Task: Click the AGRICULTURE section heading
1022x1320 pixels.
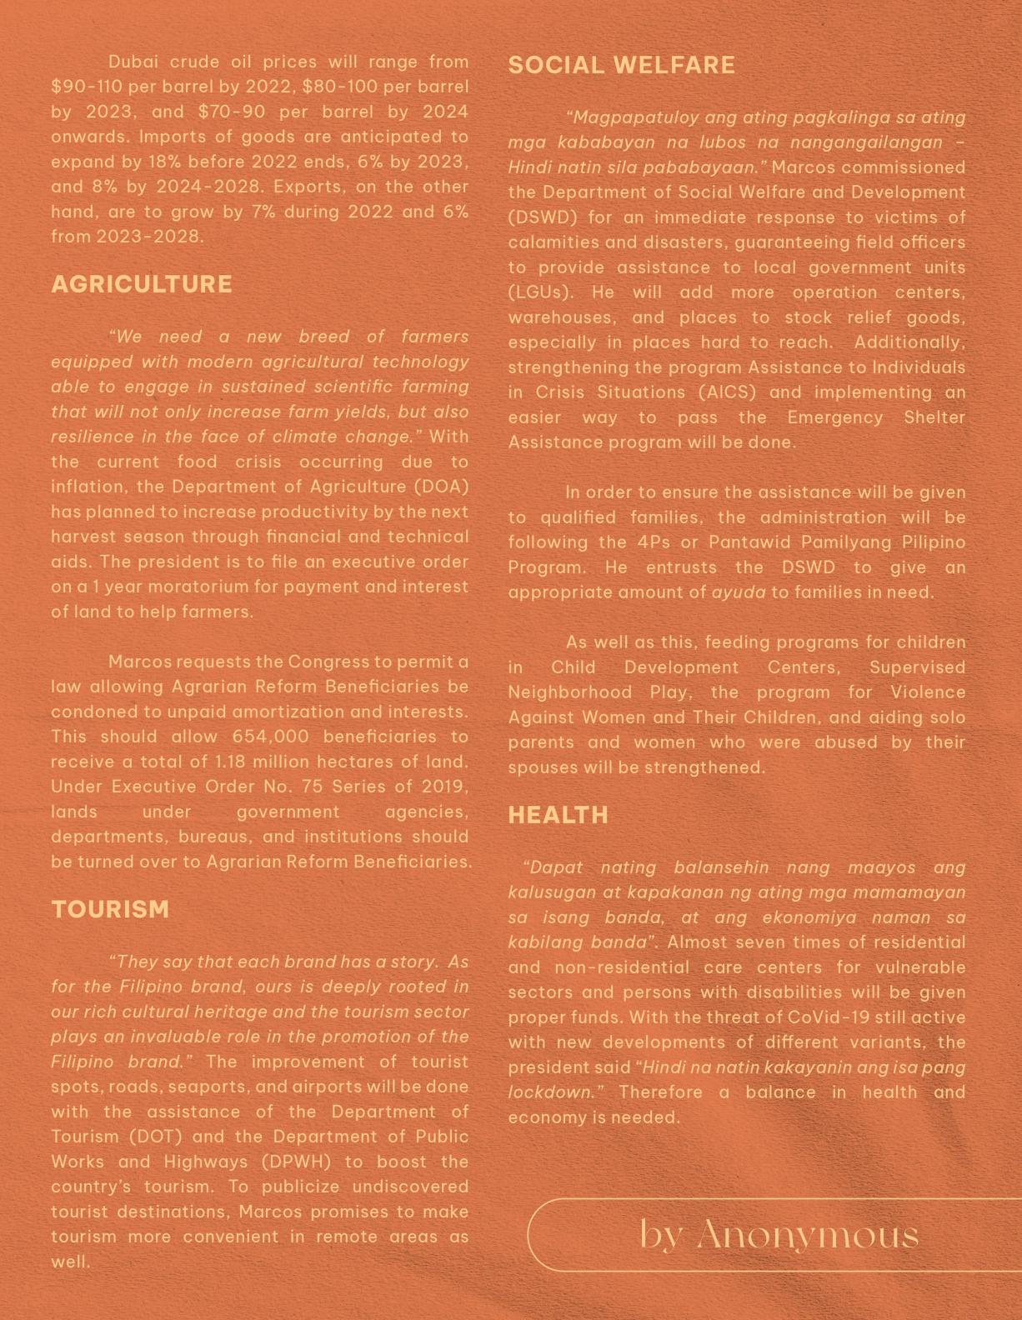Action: pos(142,284)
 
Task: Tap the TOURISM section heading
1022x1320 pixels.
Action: pos(110,909)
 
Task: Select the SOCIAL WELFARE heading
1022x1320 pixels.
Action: pos(621,65)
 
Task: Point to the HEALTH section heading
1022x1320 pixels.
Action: pos(558,815)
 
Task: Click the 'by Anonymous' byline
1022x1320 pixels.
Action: pos(779,1234)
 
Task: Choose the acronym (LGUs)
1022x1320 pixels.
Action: pos(540,292)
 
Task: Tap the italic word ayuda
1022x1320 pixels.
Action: pos(738,592)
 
